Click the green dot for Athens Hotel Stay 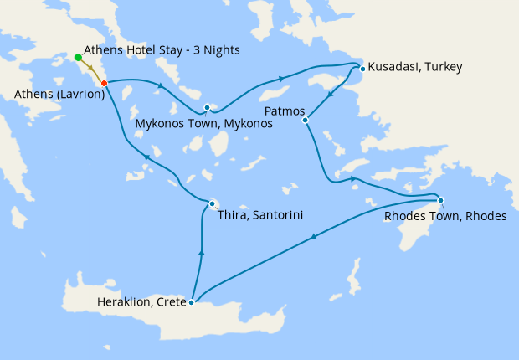tap(78, 57)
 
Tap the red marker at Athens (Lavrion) tap(104, 83)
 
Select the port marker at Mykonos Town tap(207, 107)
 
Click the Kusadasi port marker tap(362, 69)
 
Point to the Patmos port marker tap(305, 120)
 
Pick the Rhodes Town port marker tap(440, 199)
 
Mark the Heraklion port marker tap(192, 301)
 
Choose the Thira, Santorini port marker tap(212, 203)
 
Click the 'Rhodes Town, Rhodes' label tap(445, 216)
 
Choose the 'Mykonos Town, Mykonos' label tap(203, 124)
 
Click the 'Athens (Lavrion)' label tap(59, 94)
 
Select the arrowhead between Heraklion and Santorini tap(201, 251)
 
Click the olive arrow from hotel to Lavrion tap(91, 69)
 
